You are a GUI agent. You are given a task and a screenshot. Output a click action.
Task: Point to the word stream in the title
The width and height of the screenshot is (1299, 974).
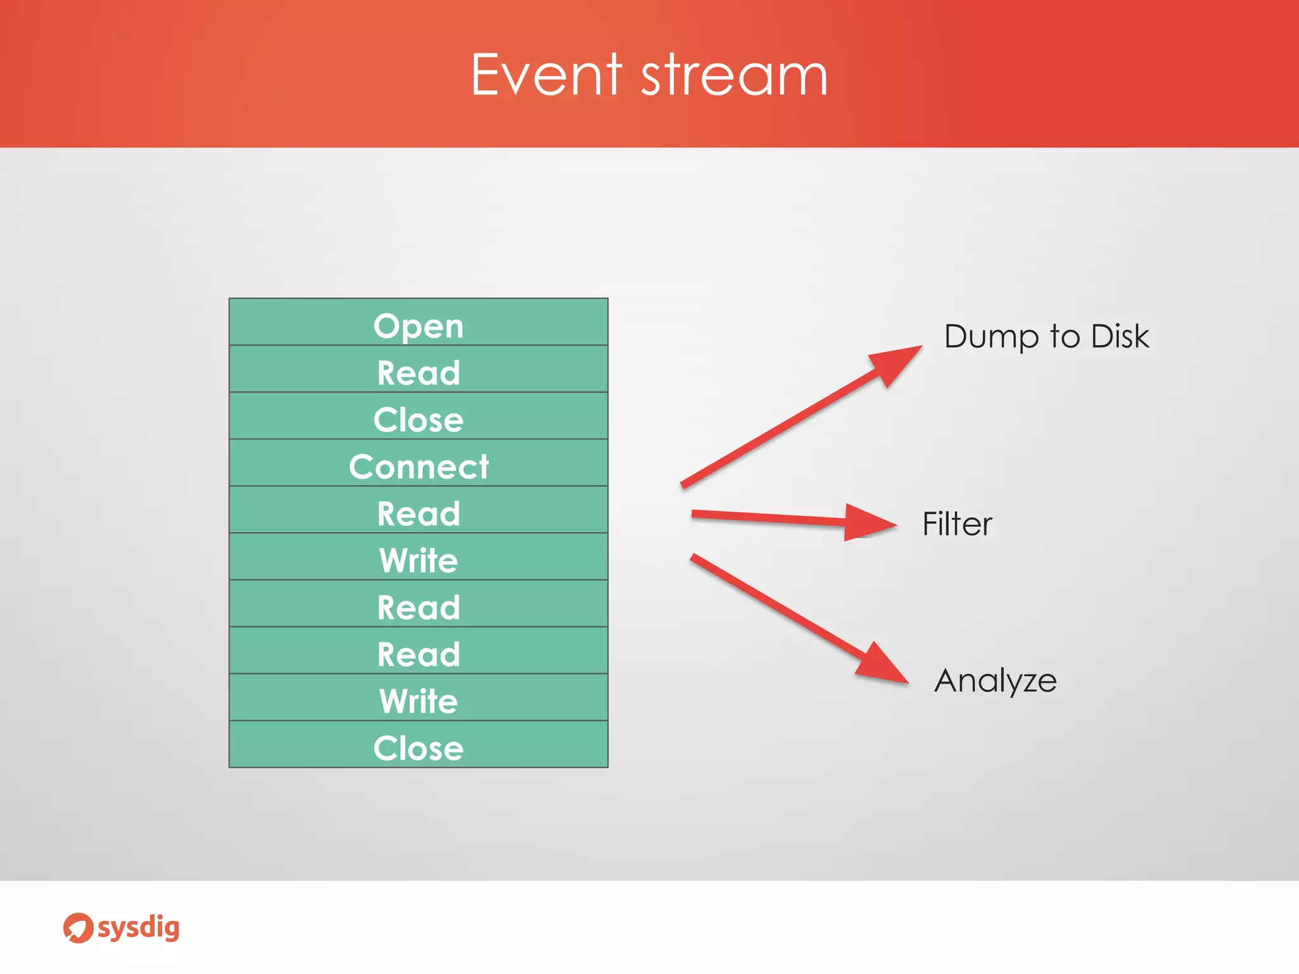(734, 76)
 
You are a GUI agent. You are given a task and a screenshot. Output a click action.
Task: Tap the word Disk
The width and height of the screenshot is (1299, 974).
(1119, 336)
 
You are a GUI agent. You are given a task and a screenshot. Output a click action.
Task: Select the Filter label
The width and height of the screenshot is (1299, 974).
(956, 524)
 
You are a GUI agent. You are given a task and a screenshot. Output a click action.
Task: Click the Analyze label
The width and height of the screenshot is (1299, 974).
(995, 681)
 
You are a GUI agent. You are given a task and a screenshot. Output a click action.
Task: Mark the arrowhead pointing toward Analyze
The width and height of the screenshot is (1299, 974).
(882, 665)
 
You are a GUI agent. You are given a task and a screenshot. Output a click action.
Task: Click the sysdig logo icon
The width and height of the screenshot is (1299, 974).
(78, 928)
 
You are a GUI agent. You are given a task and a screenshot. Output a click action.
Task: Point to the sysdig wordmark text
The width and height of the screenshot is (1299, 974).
(138, 928)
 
